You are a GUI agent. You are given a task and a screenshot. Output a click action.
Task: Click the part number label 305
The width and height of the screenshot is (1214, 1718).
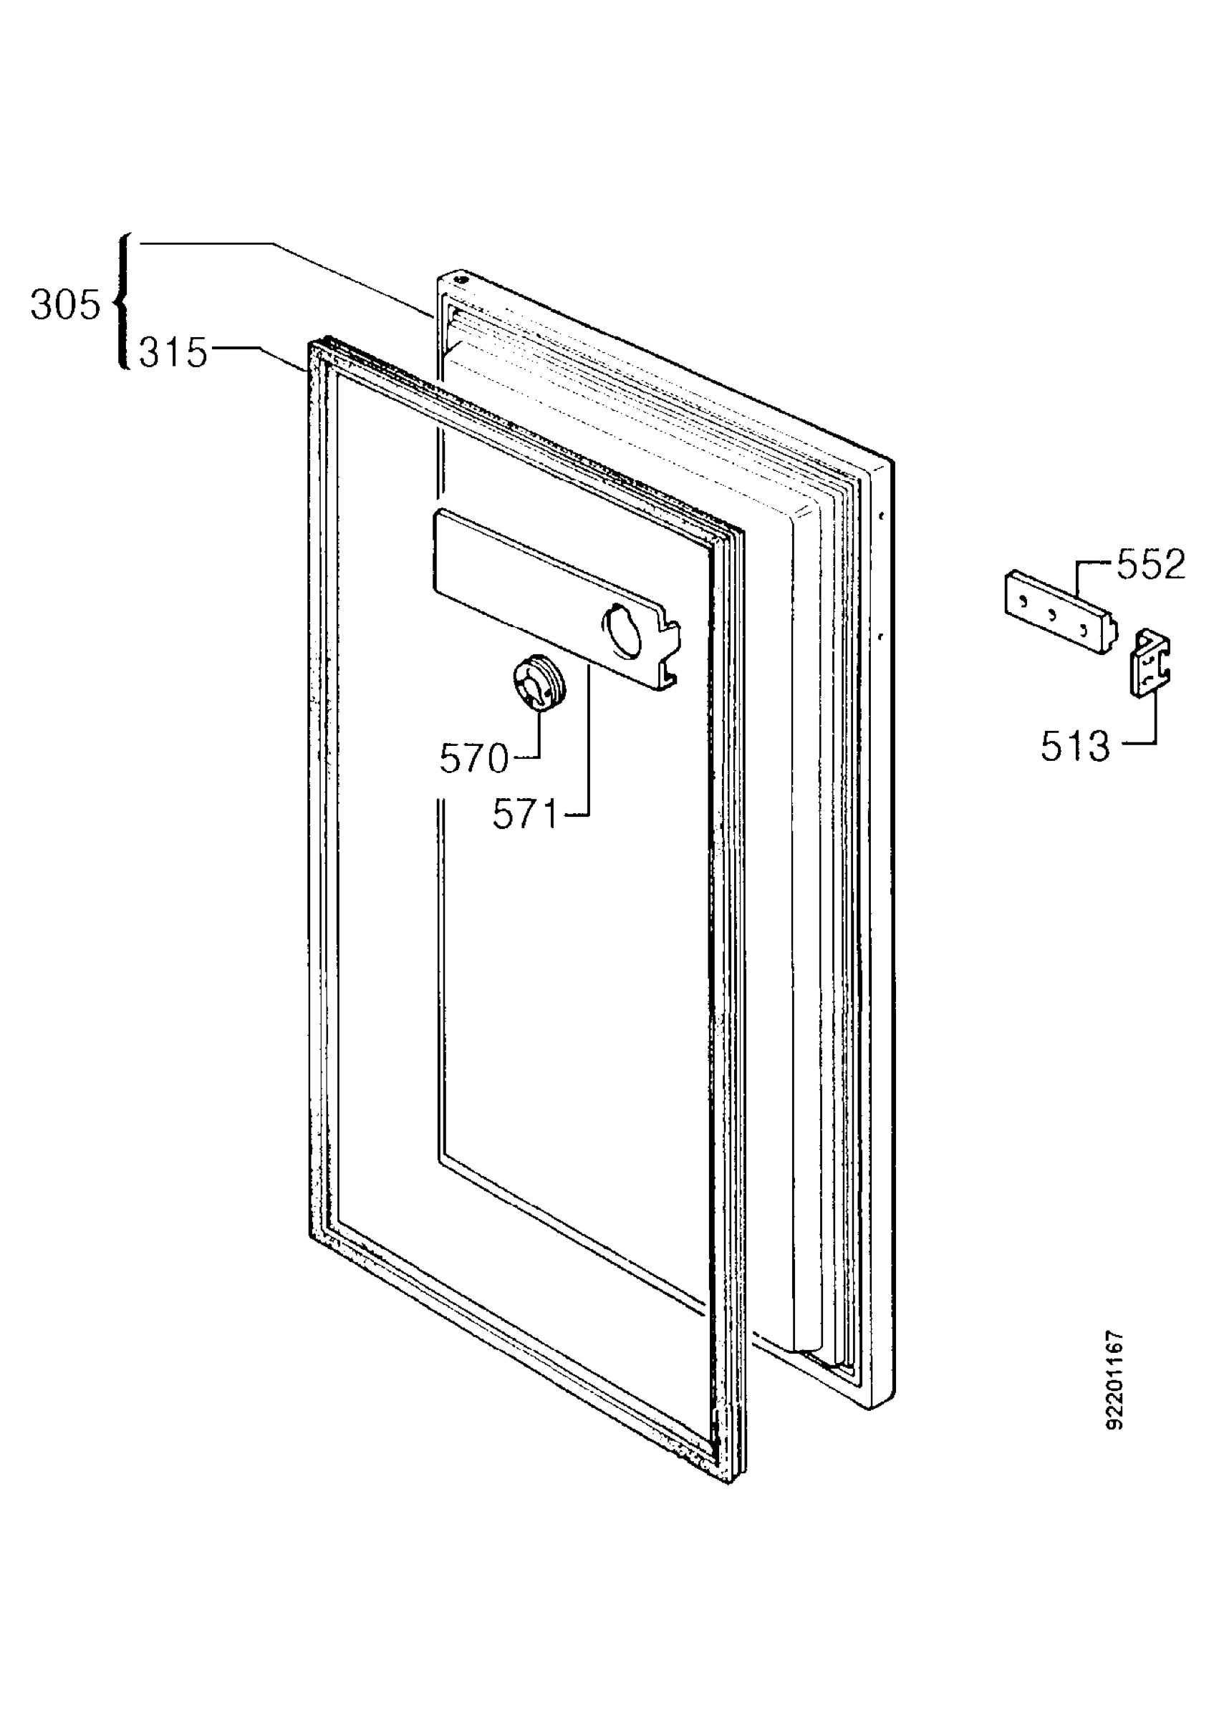click(x=65, y=305)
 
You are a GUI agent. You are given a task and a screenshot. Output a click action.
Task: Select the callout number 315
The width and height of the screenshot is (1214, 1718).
click(x=173, y=352)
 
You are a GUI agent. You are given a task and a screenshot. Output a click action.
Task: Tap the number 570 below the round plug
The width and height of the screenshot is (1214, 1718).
click(x=473, y=759)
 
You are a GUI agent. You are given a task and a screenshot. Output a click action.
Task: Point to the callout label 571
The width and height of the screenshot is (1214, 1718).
click(x=526, y=814)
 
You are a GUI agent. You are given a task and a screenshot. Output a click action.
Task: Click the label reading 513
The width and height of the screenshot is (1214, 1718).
click(x=1076, y=746)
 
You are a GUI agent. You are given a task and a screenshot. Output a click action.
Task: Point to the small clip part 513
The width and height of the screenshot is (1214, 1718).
click(x=1150, y=663)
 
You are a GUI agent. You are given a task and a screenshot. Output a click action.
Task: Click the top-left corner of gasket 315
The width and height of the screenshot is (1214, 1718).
click(x=310, y=343)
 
